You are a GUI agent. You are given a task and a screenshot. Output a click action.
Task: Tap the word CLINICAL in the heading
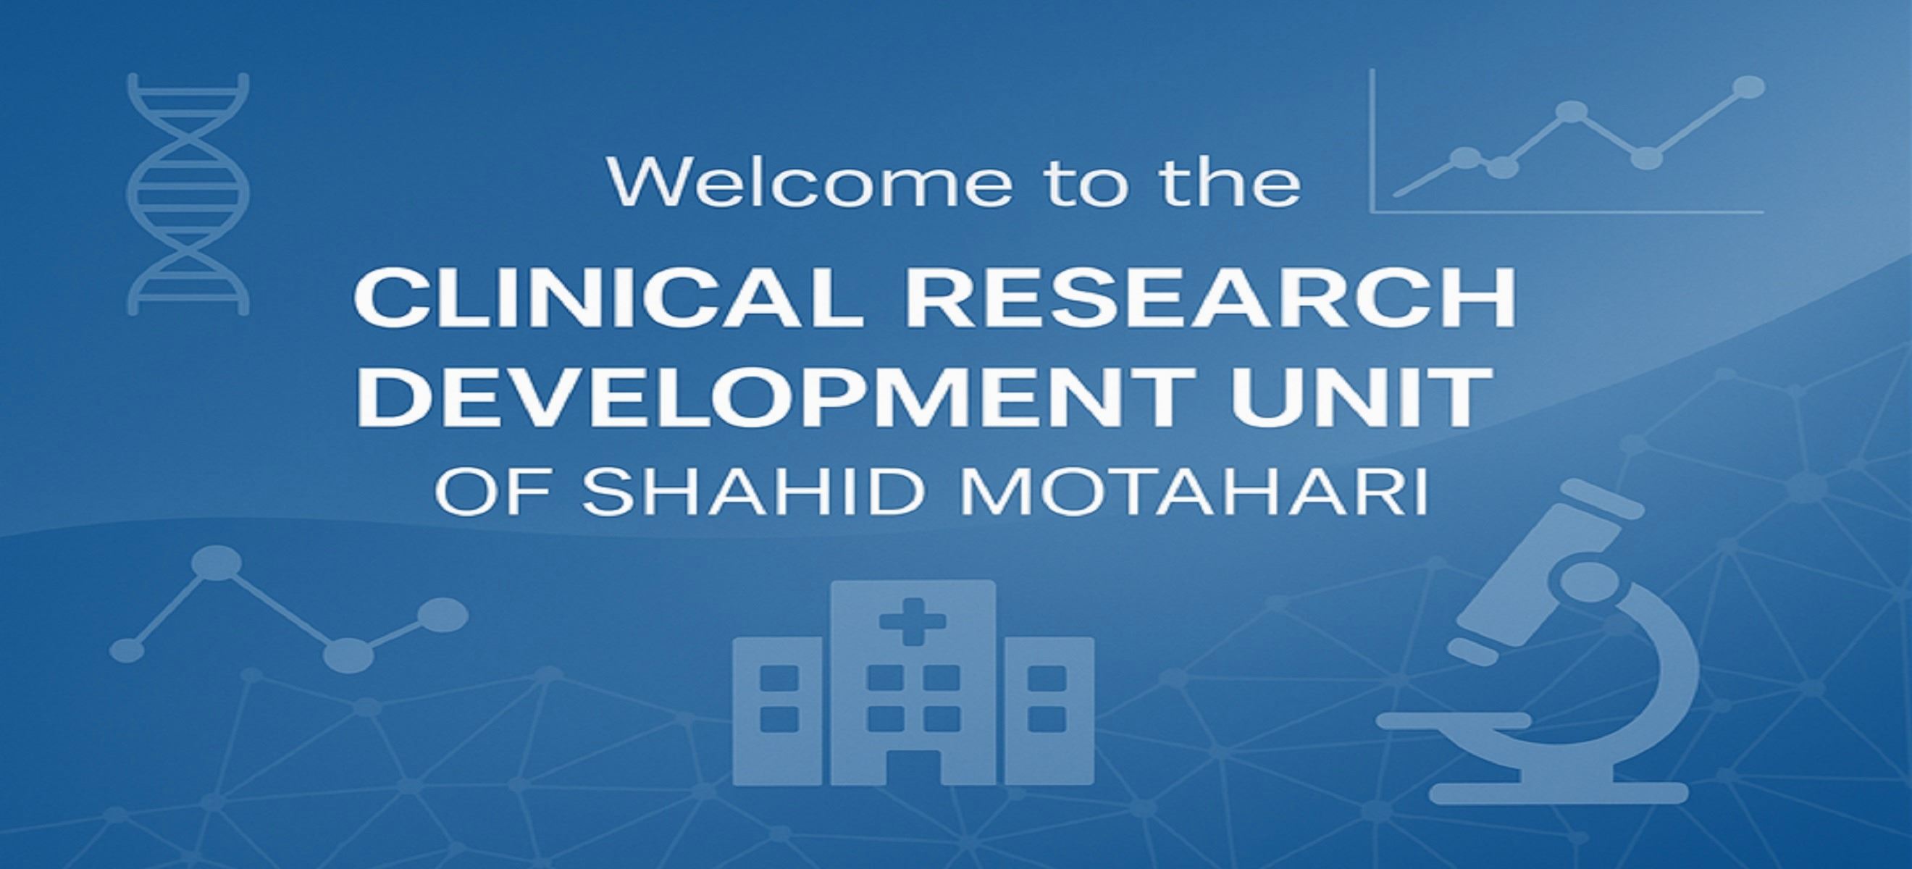pos(608,298)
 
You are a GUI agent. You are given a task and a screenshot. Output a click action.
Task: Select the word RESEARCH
pos(1209,298)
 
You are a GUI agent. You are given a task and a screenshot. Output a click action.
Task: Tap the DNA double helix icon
pos(188,194)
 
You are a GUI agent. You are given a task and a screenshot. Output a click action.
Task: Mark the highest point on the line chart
pos(1752,88)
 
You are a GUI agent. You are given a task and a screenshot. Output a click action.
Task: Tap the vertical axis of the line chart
pos(1372,140)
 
